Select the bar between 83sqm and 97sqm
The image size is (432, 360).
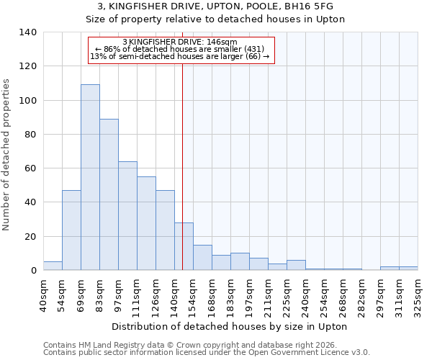(109, 194)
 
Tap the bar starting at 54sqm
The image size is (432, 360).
(71, 230)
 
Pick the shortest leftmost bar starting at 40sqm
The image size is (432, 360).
(53, 266)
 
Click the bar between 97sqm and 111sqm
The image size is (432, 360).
(127, 216)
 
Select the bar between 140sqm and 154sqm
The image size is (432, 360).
(184, 246)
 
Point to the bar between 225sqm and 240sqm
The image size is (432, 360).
(296, 265)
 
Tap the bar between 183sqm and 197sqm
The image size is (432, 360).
(240, 261)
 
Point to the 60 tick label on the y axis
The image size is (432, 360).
(30, 168)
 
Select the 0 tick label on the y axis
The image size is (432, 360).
(33, 271)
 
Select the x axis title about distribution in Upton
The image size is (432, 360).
(230, 327)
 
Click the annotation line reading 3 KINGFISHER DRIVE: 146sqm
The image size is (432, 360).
(180, 42)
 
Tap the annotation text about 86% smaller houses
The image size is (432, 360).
(180, 49)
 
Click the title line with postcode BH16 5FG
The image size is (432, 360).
(215, 6)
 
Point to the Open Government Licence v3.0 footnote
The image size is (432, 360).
(207, 353)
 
